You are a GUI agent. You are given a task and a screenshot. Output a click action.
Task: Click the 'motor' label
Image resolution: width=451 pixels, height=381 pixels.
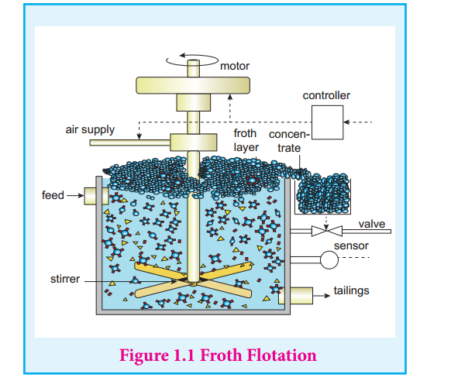[235, 66]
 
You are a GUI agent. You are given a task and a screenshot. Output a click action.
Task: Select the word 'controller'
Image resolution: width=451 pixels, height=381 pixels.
[326, 95]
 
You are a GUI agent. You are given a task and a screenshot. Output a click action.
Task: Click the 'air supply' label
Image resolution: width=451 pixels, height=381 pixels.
[90, 129]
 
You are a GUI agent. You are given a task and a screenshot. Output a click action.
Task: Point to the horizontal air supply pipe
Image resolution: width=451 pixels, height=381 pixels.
[130, 142]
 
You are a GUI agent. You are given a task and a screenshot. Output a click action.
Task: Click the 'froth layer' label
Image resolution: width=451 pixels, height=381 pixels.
[246, 140]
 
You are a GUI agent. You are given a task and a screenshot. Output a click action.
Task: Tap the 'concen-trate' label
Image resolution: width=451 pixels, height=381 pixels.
[289, 141]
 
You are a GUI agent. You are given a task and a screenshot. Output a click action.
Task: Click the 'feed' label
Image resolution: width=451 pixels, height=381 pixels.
[53, 195]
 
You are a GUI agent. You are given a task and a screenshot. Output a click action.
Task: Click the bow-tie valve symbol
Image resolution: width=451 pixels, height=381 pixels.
[327, 231]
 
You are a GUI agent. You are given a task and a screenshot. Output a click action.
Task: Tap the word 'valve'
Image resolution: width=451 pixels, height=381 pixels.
[372, 224]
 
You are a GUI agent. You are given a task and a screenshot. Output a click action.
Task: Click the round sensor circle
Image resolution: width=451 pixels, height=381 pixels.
[329, 259]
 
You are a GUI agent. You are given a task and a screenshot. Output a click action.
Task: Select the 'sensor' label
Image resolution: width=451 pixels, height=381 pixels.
[351, 245]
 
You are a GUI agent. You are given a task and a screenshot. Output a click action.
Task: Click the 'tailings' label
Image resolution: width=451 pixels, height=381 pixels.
[351, 290]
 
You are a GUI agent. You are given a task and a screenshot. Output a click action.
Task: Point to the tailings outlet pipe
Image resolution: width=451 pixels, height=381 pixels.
[296, 295]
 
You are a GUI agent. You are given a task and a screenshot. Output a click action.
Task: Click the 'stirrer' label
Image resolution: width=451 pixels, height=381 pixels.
[65, 279]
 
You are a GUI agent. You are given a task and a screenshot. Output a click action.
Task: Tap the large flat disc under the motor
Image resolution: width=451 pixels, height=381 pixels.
[193, 85]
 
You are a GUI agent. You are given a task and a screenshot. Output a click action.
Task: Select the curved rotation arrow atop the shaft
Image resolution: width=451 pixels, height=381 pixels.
[192, 59]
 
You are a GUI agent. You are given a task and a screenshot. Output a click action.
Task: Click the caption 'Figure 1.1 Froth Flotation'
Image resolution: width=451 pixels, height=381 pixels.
[218, 355]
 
